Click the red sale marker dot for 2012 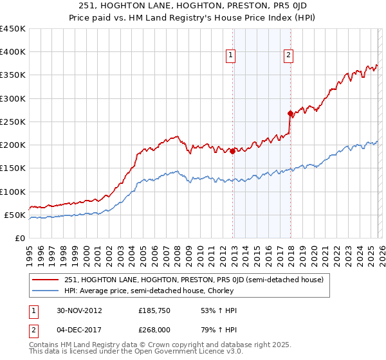(232, 152)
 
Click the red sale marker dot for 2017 (290, 114)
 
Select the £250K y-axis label (13, 122)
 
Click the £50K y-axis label (15, 215)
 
